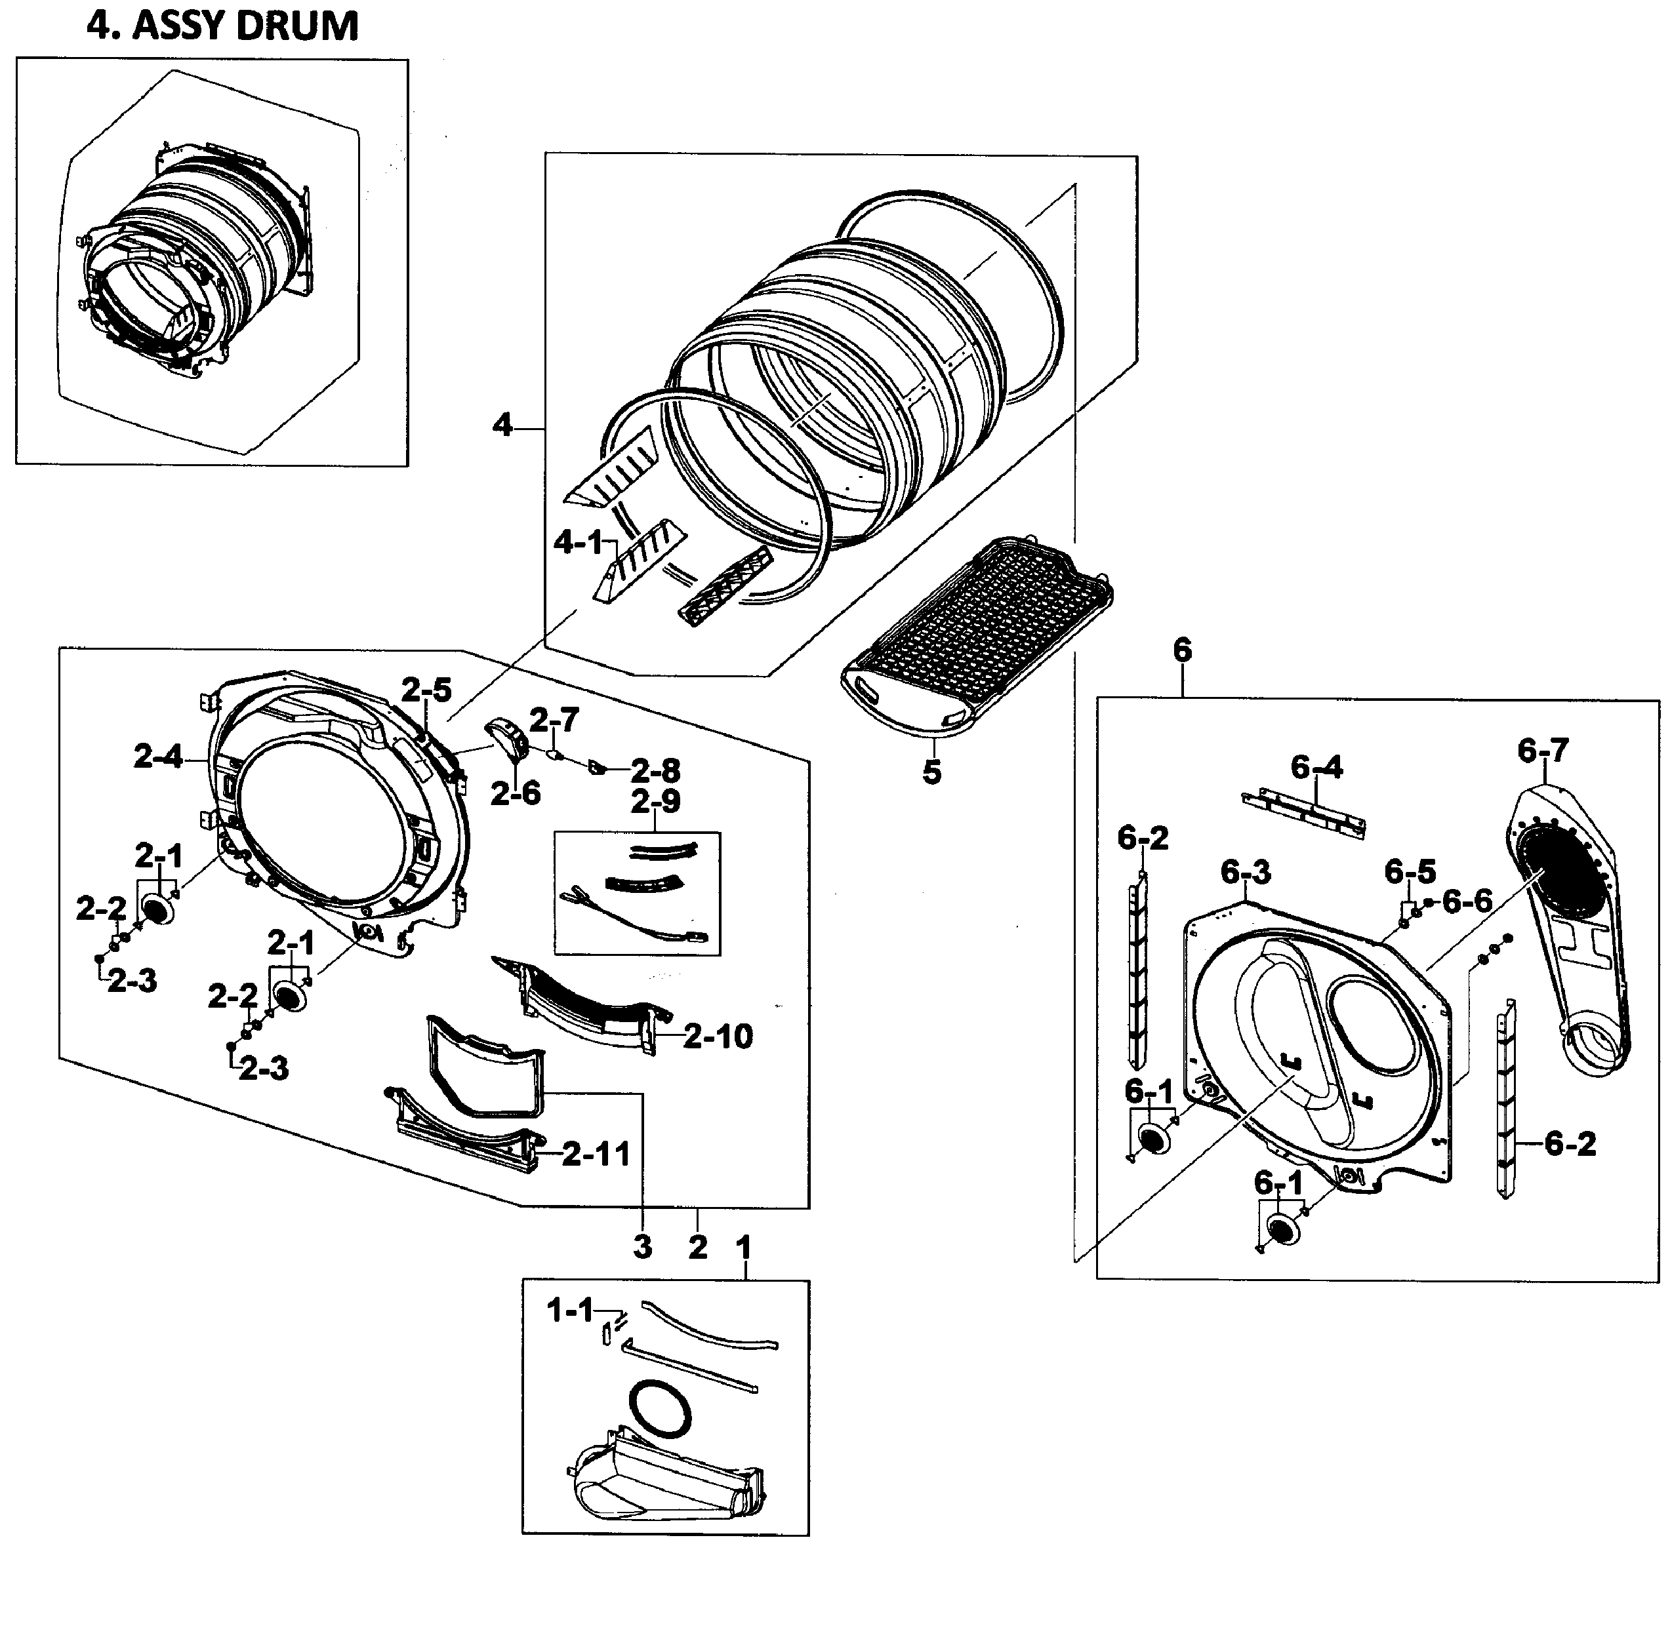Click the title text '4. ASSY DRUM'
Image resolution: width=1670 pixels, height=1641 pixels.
(222, 26)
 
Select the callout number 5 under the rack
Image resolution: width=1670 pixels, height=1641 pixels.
(932, 772)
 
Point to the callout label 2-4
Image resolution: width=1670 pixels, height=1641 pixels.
(158, 757)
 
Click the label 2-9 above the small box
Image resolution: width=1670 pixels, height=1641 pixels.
(655, 802)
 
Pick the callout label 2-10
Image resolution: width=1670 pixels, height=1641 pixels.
(718, 1036)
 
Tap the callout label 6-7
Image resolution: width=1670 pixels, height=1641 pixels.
(1543, 751)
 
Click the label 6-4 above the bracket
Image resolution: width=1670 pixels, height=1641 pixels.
(1316, 766)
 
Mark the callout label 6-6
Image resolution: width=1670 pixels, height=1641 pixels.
(1467, 901)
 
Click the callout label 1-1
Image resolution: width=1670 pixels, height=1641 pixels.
(571, 1311)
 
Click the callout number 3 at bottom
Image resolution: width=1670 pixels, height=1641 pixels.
(642, 1247)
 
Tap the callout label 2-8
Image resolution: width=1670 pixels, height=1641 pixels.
(655, 770)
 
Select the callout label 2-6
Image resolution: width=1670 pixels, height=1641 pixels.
(516, 794)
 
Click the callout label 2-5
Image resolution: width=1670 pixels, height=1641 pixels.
(427, 690)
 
